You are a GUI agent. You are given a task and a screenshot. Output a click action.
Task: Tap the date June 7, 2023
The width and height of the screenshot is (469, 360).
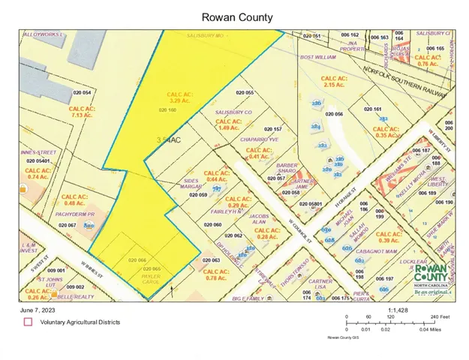[x=37, y=308]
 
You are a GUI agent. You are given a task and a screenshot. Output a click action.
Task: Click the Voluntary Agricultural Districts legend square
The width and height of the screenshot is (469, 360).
[x=28, y=322]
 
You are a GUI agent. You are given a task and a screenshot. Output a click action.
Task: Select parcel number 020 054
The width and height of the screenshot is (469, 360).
[x=82, y=92]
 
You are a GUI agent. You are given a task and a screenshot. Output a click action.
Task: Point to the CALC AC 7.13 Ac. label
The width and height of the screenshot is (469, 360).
[x=83, y=112]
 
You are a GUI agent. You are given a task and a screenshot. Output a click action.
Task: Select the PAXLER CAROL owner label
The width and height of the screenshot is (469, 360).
[x=152, y=279]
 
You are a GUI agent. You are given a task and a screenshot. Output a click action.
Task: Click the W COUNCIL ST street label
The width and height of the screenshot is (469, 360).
[x=299, y=229]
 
